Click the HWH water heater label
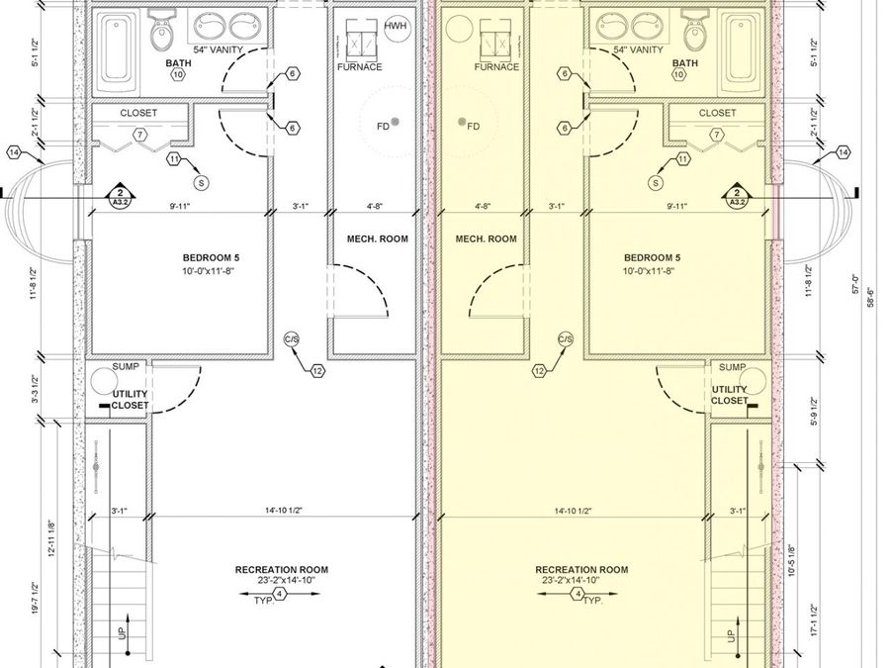click(395, 26)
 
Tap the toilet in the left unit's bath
click(161, 35)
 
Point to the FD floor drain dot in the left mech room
click(395, 122)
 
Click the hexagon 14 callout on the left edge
click(14, 152)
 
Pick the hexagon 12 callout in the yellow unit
click(539, 371)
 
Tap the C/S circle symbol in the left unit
click(292, 339)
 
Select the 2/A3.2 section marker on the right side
click(737, 196)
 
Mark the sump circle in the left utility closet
click(100, 380)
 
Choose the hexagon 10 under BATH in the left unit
click(178, 74)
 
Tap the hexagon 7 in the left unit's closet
click(139, 134)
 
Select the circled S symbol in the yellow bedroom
click(656, 182)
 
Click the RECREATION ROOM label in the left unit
click(281, 570)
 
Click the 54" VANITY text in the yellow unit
click(638, 49)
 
